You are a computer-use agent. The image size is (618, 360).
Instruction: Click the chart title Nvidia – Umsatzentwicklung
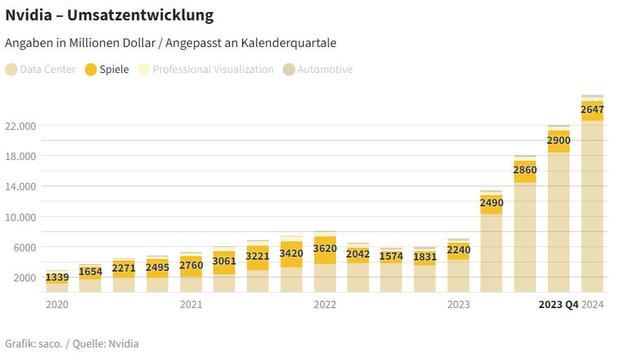click(x=109, y=15)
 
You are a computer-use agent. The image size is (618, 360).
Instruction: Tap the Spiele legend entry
click(x=107, y=69)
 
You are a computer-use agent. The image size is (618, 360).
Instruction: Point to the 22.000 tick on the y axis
click(x=20, y=126)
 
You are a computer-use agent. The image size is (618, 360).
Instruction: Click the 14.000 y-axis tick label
click(x=20, y=187)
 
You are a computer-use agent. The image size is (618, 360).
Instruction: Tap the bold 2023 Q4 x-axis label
click(x=558, y=305)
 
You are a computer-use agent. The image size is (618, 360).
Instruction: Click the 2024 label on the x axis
click(x=593, y=305)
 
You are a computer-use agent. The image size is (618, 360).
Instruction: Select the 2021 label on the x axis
click(x=191, y=305)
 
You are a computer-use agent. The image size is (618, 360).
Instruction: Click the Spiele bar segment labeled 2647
click(x=592, y=110)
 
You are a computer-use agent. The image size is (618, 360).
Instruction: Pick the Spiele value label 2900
click(x=558, y=141)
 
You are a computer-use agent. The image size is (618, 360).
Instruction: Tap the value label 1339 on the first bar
click(x=57, y=278)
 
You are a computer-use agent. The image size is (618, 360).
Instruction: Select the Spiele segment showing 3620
click(x=325, y=249)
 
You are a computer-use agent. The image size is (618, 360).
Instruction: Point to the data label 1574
click(x=391, y=257)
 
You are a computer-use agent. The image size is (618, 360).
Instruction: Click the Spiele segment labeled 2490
click(x=491, y=204)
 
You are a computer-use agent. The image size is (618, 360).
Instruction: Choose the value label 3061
click(x=224, y=262)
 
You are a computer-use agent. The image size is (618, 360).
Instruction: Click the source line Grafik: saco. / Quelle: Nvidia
click(x=72, y=344)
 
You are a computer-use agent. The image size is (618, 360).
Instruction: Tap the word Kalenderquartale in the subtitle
click(x=288, y=43)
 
